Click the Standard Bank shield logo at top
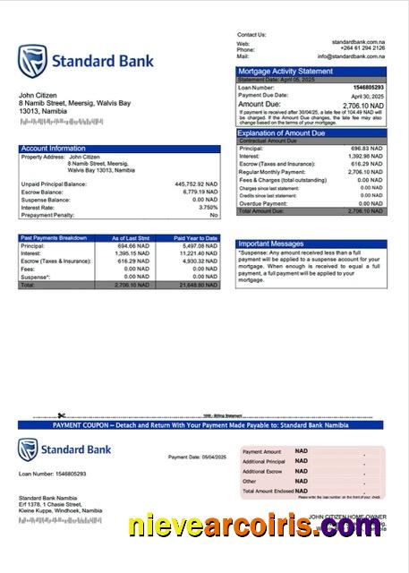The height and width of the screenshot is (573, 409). [32, 62]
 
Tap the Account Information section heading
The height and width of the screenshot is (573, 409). [53, 148]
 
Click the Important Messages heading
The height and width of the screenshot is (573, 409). [272, 244]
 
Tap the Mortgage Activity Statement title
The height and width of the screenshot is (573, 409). [285, 71]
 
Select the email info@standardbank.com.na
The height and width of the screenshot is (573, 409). [356, 56]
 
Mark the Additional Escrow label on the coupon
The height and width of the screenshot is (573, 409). [261, 471]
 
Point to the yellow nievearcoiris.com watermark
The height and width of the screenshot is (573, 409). [256, 526]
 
